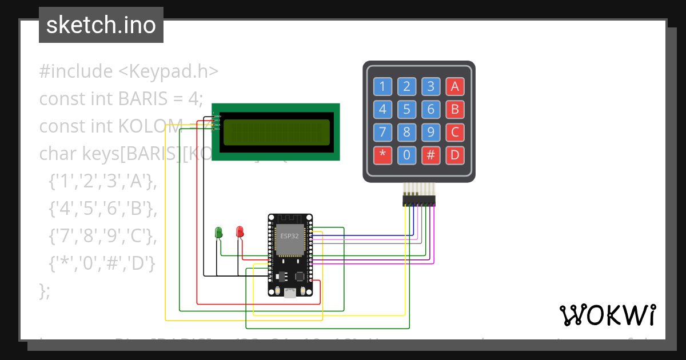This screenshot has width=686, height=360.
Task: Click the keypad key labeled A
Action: click(455, 87)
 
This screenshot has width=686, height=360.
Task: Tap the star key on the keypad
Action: click(382, 155)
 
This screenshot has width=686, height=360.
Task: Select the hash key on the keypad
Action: click(431, 155)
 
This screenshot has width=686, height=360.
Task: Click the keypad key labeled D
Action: click(455, 155)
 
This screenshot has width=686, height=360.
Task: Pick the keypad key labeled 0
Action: click(406, 155)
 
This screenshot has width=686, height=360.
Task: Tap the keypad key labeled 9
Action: click(431, 133)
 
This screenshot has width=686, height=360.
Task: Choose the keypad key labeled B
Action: click(455, 110)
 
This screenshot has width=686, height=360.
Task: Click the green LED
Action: click(218, 232)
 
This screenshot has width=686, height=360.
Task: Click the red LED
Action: click(240, 232)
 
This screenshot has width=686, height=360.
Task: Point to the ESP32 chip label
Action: click(290, 235)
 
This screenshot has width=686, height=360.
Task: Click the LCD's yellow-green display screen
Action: click(277, 133)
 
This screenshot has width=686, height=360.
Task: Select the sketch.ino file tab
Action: click(101, 25)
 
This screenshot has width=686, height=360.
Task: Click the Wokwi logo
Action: click(607, 315)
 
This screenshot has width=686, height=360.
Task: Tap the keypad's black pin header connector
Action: click(418, 201)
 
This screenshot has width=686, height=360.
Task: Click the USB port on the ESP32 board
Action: click(290, 293)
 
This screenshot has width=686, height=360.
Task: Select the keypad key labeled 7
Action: click(382, 133)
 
